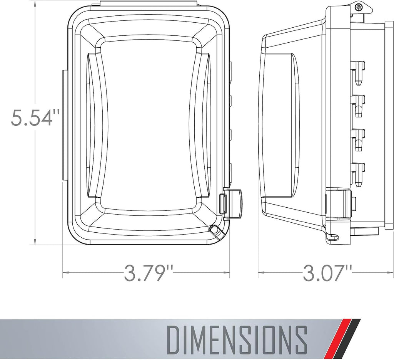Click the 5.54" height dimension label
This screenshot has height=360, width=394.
click(35, 117)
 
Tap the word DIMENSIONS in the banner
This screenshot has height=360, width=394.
click(237, 340)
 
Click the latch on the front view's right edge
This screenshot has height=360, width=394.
click(233, 203)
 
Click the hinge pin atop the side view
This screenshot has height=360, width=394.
click(358, 7)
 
